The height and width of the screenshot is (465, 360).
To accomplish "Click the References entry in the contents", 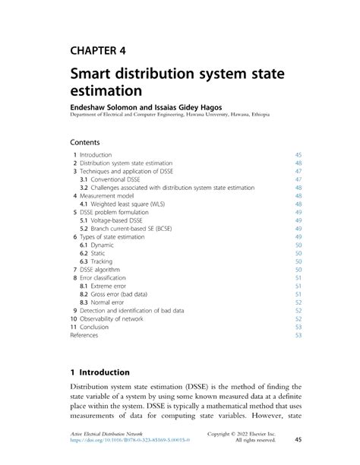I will tap(84, 335).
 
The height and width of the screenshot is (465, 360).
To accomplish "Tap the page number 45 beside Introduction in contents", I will tap(298, 154).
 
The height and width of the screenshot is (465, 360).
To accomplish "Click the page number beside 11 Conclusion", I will tap(298, 327).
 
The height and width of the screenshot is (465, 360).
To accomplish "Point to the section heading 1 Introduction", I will tap(99, 372).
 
